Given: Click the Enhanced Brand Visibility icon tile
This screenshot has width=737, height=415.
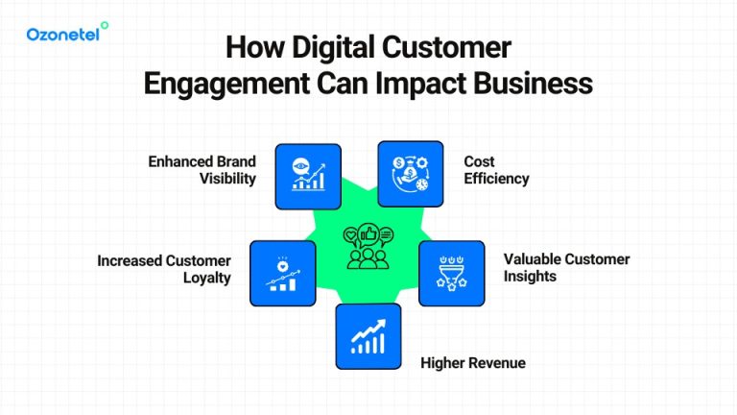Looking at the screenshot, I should tap(308, 176).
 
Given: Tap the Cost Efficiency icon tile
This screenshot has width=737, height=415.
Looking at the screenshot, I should tap(410, 174).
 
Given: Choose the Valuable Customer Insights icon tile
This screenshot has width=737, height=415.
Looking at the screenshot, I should tap(451, 273).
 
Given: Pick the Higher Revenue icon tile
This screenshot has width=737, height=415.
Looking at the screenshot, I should tap(368, 336).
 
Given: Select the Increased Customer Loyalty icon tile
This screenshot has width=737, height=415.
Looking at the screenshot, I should tap(283, 274).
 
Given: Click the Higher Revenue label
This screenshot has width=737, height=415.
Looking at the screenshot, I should tap(473, 363).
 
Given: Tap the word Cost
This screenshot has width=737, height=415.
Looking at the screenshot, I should tap(480, 161).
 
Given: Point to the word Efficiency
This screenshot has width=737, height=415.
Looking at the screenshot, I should tap(496, 179).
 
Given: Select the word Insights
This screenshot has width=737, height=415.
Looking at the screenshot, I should tap(530, 277).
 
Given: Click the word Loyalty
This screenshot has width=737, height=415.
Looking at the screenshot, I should tap(206, 278).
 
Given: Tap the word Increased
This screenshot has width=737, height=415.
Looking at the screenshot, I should tap(131, 260).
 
